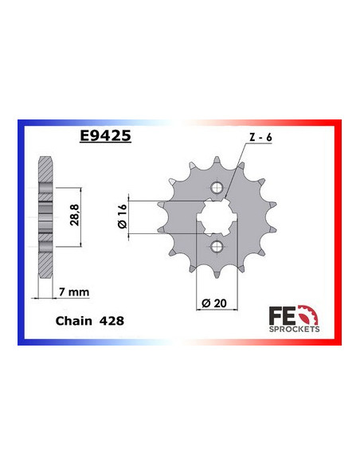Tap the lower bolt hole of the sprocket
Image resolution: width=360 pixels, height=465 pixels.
click(x=215, y=247)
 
